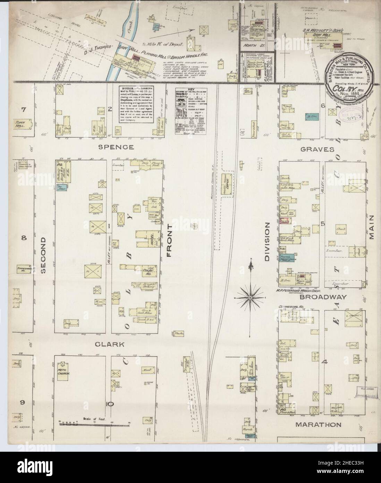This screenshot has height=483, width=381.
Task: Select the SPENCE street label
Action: click(x=111, y=147)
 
